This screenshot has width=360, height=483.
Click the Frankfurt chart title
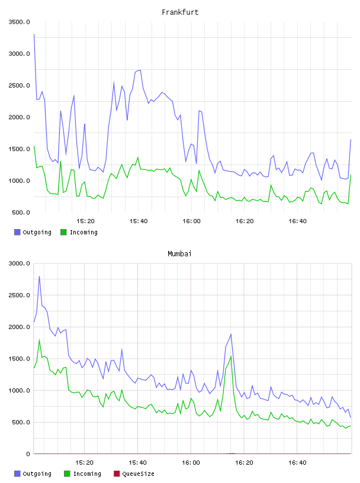180,12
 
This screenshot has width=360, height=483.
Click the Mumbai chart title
179,254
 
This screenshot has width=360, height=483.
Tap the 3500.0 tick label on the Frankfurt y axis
19,22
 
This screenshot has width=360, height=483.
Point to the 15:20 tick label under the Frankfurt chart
85,221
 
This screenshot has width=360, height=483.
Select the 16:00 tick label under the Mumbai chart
191,463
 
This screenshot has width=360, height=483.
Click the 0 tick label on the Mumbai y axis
28,454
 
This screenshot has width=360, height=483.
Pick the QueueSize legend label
138,474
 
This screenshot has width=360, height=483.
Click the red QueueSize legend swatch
117,474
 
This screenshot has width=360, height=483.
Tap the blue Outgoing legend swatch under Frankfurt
17,232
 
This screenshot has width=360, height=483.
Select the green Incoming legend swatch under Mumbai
67,474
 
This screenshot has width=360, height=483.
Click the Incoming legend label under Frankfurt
83,232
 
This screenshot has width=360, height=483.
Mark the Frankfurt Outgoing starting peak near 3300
34,34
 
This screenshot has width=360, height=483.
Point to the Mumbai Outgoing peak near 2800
39,276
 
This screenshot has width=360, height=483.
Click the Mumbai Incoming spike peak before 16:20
231,356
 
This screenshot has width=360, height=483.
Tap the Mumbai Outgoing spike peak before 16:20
231,334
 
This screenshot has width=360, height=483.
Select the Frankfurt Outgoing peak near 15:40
140,70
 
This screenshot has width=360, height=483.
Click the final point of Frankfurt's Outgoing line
351,140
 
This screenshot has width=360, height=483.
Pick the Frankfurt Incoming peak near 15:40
138,157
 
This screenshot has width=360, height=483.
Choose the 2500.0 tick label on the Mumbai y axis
19,295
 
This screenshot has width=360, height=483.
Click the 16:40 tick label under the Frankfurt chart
297,221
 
